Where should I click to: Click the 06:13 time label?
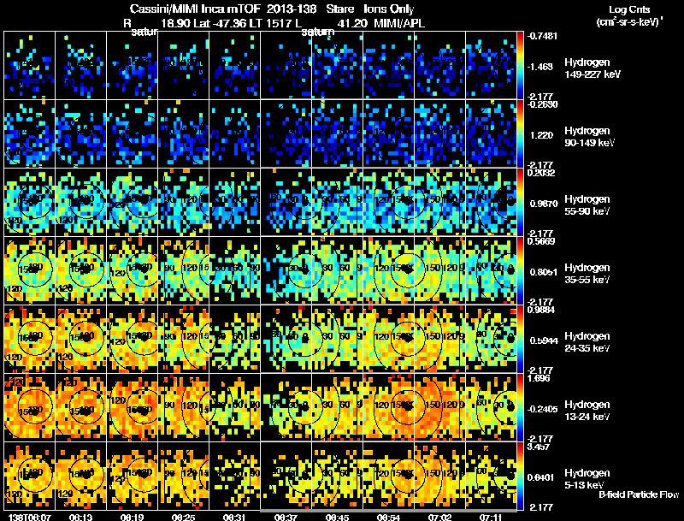pos(81,517)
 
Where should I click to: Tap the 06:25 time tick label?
pos(183,517)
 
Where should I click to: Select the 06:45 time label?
pos(337,517)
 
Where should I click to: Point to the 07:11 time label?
pos(491,517)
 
